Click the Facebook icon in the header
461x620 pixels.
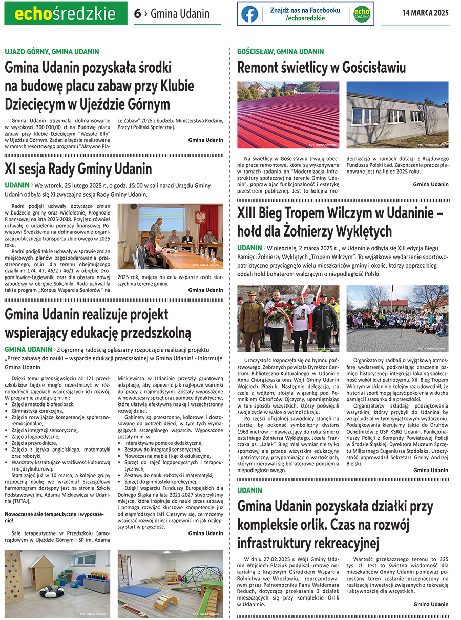click(249, 14)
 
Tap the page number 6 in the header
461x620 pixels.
click(137, 14)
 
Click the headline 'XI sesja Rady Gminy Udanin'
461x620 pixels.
click(78, 168)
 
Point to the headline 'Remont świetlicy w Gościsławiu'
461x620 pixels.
click(321, 68)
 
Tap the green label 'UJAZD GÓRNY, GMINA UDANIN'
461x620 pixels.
click(52, 52)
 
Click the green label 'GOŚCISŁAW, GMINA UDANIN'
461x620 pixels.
click(281, 52)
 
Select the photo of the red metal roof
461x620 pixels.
click(288, 115)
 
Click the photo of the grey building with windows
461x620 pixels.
click(397, 115)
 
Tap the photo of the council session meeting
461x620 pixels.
click(170, 236)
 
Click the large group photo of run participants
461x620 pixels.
click(397, 317)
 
